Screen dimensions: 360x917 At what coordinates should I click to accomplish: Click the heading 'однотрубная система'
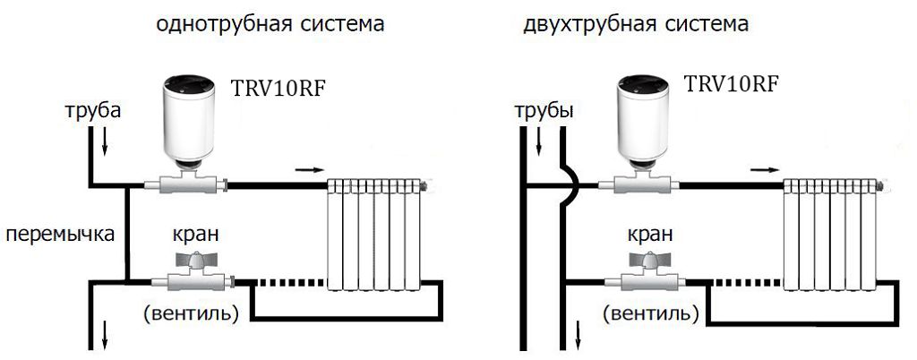coord(270,24)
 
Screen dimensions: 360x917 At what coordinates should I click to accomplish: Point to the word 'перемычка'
coord(59,236)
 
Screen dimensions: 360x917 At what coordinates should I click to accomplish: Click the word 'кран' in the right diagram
coord(651,235)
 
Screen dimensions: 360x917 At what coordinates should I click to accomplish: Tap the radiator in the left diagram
coord(375,234)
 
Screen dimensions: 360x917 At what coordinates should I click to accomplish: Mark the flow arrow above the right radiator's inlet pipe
coord(763,167)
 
